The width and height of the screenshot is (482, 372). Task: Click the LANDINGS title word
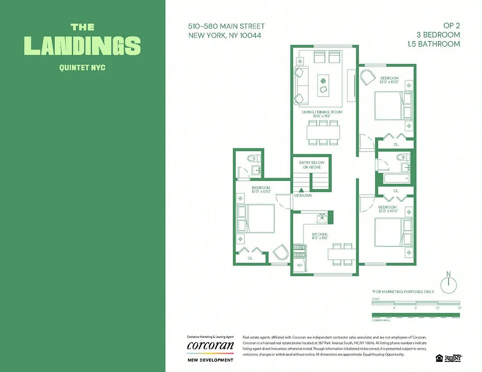(82, 46)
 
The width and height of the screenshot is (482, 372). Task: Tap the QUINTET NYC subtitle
(82, 68)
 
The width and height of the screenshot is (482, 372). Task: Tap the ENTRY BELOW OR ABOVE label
(312, 165)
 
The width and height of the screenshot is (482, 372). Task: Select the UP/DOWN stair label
(303, 196)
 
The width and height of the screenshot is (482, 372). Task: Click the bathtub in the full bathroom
(395, 179)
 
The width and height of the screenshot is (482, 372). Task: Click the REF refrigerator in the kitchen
(300, 265)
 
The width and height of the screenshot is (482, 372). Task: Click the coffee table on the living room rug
(323, 85)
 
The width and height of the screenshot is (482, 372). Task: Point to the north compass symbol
(449, 283)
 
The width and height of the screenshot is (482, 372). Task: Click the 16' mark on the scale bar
(459, 308)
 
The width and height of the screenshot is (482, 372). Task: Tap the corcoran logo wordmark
(210, 345)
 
